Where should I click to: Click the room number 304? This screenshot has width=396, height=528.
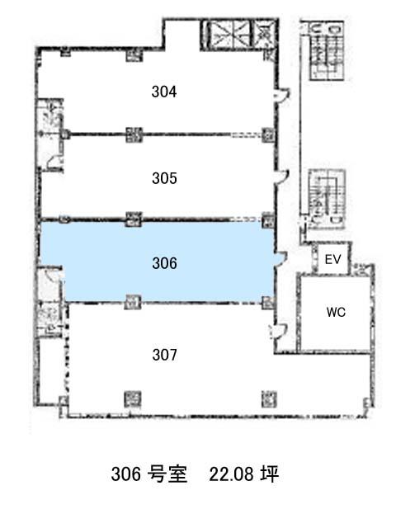pos(164,92)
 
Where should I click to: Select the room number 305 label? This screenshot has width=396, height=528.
pos(164,178)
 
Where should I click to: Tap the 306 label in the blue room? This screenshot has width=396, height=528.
pos(164,263)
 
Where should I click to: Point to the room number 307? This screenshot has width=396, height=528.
pos(164,355)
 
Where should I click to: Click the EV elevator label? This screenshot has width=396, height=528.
pos(332,259)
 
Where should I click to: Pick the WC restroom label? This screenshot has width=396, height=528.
pos(336,312)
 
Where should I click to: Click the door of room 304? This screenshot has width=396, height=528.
pos(282,94)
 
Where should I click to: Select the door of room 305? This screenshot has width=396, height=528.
pos(282,177)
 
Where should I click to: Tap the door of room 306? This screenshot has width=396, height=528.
pos(281,259)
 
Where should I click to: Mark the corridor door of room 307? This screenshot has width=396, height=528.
pos(278,332)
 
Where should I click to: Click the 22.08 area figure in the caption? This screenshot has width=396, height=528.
pos(231,474)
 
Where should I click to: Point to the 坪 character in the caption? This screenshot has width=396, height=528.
pos(270,474)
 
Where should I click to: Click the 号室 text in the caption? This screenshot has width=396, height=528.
pos(167,474)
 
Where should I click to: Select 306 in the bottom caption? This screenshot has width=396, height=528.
pos(126,474)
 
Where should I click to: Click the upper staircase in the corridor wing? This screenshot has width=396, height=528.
pos(326,51)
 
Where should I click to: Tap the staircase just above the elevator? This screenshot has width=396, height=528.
pos(327,200)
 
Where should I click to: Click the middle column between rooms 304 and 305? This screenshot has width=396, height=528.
pos(134,134)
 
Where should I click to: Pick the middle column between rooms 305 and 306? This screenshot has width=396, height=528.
pos(134,219)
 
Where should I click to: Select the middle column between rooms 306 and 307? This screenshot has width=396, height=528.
pos(132,302)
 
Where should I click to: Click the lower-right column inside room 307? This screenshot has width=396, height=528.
pos(269,399)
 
